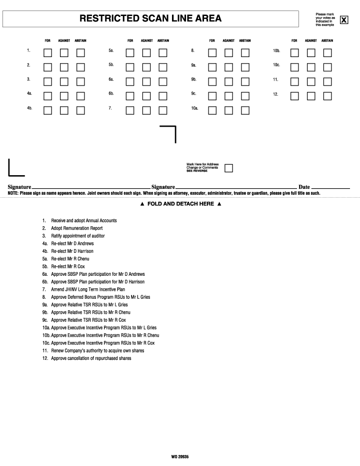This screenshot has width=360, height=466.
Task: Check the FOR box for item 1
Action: (x=48, y=53)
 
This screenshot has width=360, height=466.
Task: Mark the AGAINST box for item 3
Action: (x=64, y=82)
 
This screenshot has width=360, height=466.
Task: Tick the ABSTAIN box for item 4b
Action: (x=80, y=111)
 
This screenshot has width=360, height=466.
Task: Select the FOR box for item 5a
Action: (x=130, y=53)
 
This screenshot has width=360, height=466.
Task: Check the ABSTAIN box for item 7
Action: (x=163, y=111)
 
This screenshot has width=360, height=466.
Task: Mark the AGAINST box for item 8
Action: (x=228, y=53)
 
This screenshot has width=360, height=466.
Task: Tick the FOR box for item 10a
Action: (x=212, y=111)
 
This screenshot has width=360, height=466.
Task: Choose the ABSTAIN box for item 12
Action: (x=327, y=96)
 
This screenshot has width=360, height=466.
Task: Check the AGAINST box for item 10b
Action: (x=311, y=53)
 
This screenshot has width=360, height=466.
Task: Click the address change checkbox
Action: (x=228, y=168)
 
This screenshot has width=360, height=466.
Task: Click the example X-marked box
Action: (x=344, y=20)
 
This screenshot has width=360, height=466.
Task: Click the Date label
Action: (x=304, y=187)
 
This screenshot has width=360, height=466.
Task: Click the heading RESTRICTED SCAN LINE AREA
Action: (x=150, y=19)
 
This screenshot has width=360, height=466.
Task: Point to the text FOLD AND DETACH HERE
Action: (x=180, y=204)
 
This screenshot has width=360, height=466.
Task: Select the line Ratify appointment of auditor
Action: (x=78, y=236)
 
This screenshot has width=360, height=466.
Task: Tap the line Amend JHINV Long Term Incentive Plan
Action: (x=88, y=289)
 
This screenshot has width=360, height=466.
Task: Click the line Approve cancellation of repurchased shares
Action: (x=91, y=358)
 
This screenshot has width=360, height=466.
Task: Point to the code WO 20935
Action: (x=180, y=456)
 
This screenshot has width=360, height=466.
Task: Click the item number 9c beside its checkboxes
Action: (x=193, y=94)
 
